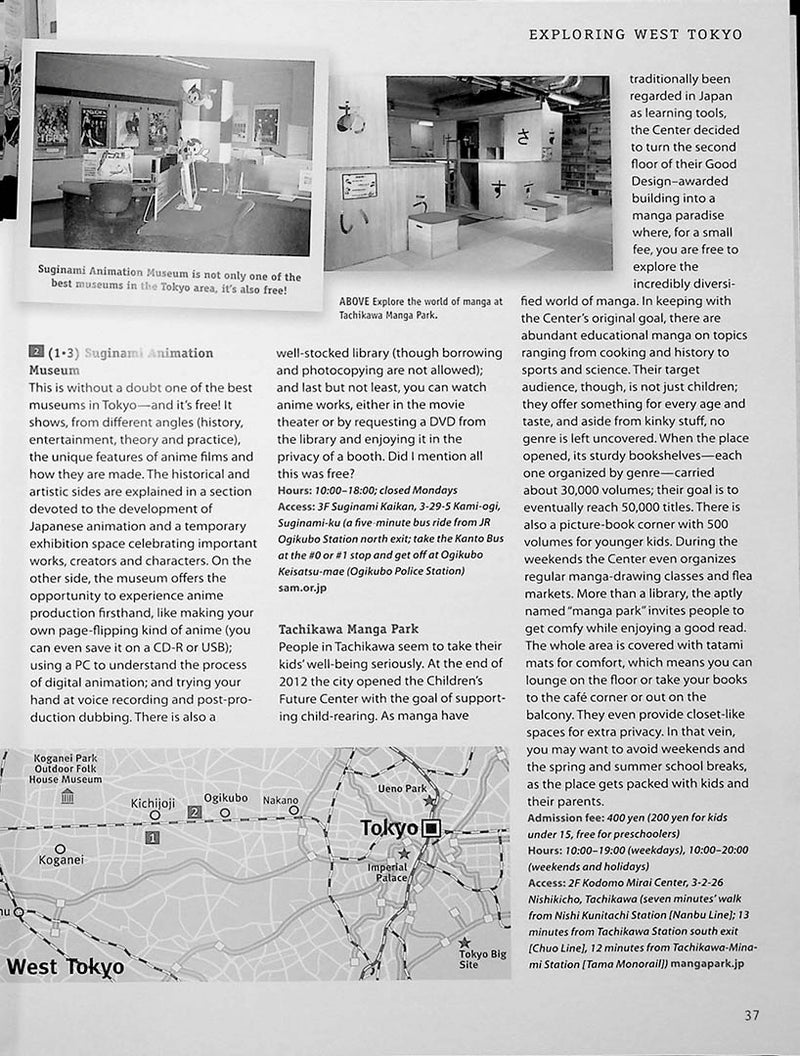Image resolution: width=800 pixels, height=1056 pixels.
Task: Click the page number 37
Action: [x=752, y=1015]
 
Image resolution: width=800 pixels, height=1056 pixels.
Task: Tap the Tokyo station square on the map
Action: [x=431, y=827]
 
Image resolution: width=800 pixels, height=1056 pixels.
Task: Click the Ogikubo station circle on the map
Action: [x=225, y=814]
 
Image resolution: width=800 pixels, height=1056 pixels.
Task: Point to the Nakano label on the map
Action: [x=280, y=800]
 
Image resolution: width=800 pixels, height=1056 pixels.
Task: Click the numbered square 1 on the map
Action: [x=152, y=838]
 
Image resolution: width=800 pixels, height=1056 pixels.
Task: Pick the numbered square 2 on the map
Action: [x=194, y=813]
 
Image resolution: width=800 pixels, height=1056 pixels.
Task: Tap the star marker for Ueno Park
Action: [x=429, y=801]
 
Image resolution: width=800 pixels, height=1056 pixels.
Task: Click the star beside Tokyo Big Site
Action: [x=464, y=943]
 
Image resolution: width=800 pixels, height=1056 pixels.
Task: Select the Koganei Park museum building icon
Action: [x=67, y=796]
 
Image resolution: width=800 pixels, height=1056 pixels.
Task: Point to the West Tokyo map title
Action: [x=65, y=967]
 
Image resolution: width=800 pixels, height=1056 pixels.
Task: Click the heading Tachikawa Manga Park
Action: [x=347, y=629]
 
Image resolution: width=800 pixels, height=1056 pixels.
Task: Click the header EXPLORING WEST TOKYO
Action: [x=635, y=34]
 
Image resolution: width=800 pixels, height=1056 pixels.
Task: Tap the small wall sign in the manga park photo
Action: [x=359, y=186]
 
